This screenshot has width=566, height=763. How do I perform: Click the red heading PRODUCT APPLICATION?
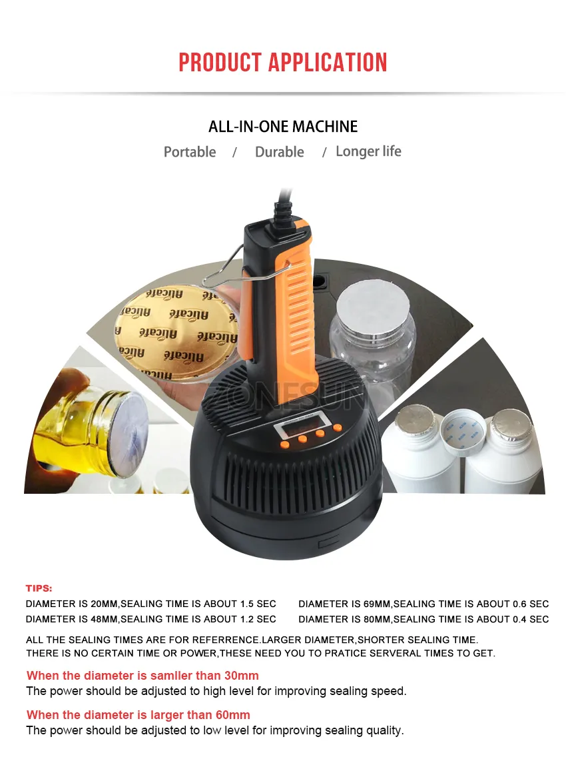pyautogui.click(x=283, y=63)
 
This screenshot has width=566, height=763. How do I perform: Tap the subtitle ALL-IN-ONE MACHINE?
pyautogui.click(x=283, y=127)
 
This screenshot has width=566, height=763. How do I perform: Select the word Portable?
pyautogui.click(x=190, y=152)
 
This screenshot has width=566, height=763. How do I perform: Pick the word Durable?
pyautogui.click(x=279, y=152)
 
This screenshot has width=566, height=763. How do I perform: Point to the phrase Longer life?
pyautogui.click(x=368, y=151)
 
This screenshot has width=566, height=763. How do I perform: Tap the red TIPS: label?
pyautogui.click(x=39, y=588)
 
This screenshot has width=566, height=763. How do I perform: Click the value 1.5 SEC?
pyautogui.click(x=257, y=604)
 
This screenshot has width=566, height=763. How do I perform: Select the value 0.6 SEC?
pyautogui.click(x=531, y=604)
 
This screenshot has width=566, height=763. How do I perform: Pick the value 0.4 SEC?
pyautogui.click(x=531, y=619)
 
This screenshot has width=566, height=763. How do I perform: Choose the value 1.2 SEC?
pyautogui.click(x=257, y=619)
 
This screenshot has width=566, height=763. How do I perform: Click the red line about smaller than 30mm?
pyautogui.click(x=142, y=676)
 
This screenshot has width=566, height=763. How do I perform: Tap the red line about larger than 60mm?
pyautogui.click(x=139, y=715)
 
